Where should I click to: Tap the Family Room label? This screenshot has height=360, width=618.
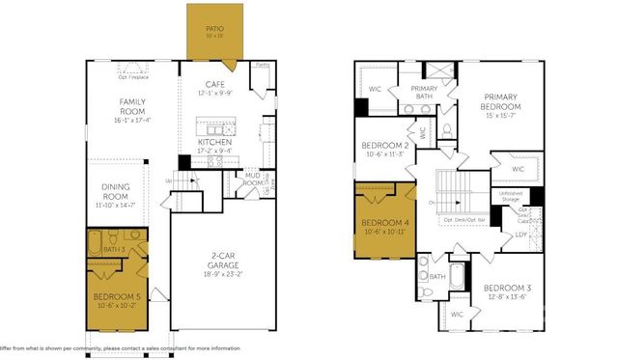pyautogui.click(x=133, y=101)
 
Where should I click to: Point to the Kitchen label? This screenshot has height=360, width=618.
pyautogui.click(x=214, y=142)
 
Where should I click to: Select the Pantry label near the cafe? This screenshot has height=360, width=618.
pyautogui.click(x=262, y=66)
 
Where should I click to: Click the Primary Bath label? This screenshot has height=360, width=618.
pyautogui.click(x=426, y=94)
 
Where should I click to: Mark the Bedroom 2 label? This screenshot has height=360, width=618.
pyautogui.click(x=385, y=145)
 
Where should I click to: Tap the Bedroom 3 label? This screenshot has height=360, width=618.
pyautogui.click(x=507, y=289)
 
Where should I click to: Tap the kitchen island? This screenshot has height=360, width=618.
pyautogui.click(x=214, y=127)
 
